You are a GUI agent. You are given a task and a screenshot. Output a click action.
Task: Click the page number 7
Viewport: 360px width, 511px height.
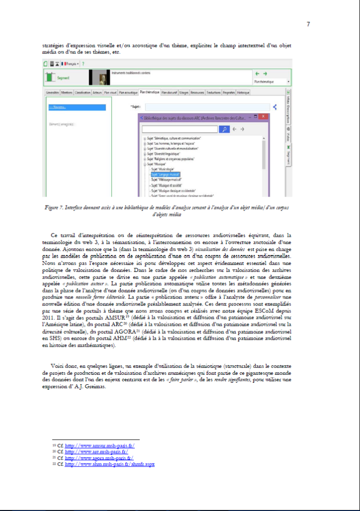[308, 24]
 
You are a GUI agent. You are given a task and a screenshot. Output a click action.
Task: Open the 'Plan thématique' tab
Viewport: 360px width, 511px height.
[150, 92]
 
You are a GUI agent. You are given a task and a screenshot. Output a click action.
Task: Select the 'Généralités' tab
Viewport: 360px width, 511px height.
[52, 92]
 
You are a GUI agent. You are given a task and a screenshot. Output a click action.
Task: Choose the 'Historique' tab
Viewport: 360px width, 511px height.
[243, 92]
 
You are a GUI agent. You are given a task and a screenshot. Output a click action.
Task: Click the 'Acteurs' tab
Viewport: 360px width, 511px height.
[97, 92]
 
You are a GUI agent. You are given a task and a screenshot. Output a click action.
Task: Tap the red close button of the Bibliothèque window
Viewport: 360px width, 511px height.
[263, 116]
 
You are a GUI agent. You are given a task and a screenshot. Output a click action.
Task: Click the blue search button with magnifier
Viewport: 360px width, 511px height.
[225, 129]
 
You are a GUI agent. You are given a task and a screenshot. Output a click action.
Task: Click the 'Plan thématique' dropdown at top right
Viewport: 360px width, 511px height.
[272, 81]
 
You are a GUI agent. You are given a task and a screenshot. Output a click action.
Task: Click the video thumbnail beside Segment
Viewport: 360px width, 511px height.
[99, 77]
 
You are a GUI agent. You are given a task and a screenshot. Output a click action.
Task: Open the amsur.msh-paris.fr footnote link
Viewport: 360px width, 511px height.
[100, 445]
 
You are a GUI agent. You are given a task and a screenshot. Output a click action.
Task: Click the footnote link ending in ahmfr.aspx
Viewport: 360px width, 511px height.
[110, 464]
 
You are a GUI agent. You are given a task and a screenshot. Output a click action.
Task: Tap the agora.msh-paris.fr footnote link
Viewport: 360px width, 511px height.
[99, 457]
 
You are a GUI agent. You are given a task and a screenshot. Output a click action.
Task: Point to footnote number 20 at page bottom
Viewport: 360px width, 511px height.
[53, 451]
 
